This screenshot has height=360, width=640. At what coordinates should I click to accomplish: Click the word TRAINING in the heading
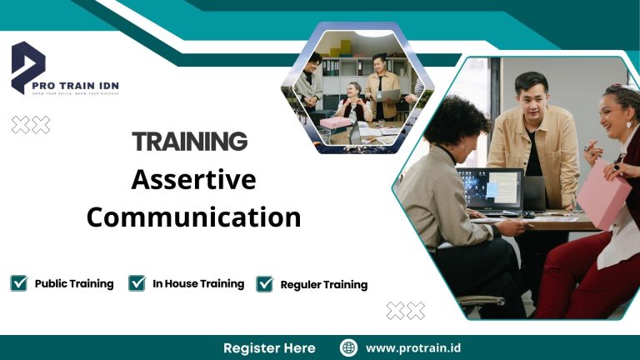pyautogui.click(x=190, y=142)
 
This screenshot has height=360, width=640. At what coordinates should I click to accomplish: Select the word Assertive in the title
pyautogui.click(x=193, y=179)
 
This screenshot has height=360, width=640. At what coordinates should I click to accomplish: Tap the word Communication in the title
pyautogui.click(x=193, y=217)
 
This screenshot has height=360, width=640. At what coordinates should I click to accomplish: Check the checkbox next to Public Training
pyautogui.click(x=19, y=283)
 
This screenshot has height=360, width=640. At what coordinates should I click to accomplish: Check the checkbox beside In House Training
pyautogui.click(x=137, y=283)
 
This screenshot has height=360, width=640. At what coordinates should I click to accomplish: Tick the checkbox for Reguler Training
pyautogui.click(x=265, y=284)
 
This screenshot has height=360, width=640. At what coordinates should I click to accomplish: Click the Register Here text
pyautogui.click(x=269, y=347)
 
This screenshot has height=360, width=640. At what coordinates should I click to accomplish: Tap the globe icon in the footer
pyautogui.click(x=348, y=347)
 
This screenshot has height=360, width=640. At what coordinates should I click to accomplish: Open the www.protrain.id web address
pyautogui.click(x=412, y=347)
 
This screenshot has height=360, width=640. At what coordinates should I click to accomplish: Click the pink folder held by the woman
pyautogui.click(x=603, y=193)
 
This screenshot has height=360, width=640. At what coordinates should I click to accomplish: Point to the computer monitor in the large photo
pyautogui.click(x=489, y=191)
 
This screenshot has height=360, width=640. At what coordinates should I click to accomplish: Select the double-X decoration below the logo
pyautogui.click(x=30, y=125)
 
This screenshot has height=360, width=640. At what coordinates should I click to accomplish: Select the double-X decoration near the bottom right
pyautogui.click(x=405, y=311)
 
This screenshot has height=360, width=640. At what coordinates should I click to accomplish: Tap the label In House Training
pyautogui.click(x=198, y=283)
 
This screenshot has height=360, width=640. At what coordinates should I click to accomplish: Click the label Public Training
pyautogui.click(x=74, y=283)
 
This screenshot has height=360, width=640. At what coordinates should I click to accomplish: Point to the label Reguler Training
pyautogui.click(x=324, y=284)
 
